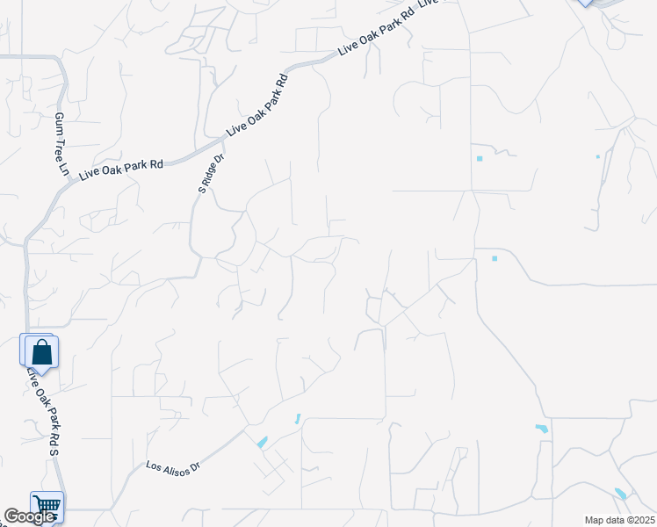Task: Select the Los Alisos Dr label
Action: pos(173,466)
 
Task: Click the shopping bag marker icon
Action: pos(40,351)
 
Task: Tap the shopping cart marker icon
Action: pos(47,505)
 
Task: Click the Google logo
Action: pos(28,517)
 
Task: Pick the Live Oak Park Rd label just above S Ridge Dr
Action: pos(258,104)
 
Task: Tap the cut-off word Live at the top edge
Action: pos(428,4)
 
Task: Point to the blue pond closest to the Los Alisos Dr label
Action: pos(262,443)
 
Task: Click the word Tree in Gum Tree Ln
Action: pos(61,144)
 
